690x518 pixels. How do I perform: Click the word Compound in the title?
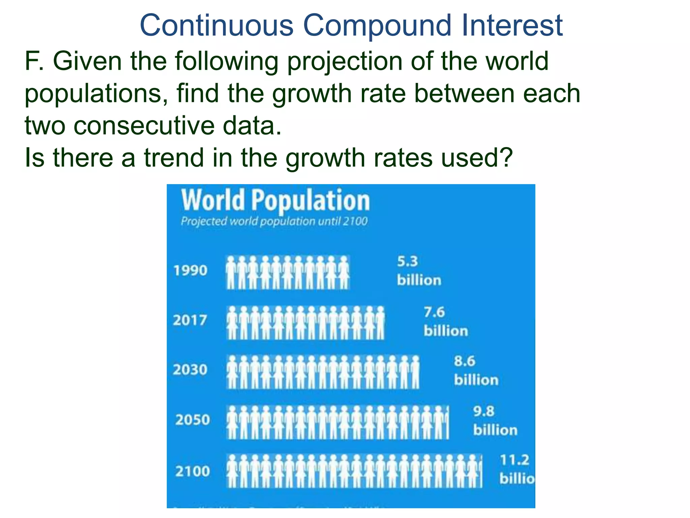pyautogui.click(x=377, y=26)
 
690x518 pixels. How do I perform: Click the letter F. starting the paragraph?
pyautogui.click(x=34, y=61)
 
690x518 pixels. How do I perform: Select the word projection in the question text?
pyautogui.click(x=344, y=62)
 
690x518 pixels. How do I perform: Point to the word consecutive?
pyautogui.click(x=144, y=125)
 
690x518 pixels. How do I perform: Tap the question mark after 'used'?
pyautogui.click(x=505, y=157)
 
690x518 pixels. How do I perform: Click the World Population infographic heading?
pyautogui.click(x=275, y=201)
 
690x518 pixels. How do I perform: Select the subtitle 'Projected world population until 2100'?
pyautogui.click(x=274, y=222)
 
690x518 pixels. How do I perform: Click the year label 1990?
pyautogui.click(x=190, y=270)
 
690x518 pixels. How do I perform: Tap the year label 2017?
pyautogui.click(x=190, y=320)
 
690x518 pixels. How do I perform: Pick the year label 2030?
pyautogui.click(x=190, y=370)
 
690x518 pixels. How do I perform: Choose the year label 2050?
pyautogui.click(x=192, y=420)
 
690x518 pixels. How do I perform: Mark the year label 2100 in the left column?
pyautogui.click(x=192, y=471)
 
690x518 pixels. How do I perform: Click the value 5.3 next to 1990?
pyautogui.click(x=407, y=262)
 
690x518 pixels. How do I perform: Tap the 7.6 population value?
pyautogui.click(x=434, y=312)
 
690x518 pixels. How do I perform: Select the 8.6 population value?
pyautogui.click(x=464, y=362)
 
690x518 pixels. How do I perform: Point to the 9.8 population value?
pyautogui.click(x=483, y=411)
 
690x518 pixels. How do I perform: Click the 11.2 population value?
pyautogui.click(x=514, y=460)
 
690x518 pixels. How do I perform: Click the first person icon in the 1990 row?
pyautogui.click(x=231, y=272)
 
